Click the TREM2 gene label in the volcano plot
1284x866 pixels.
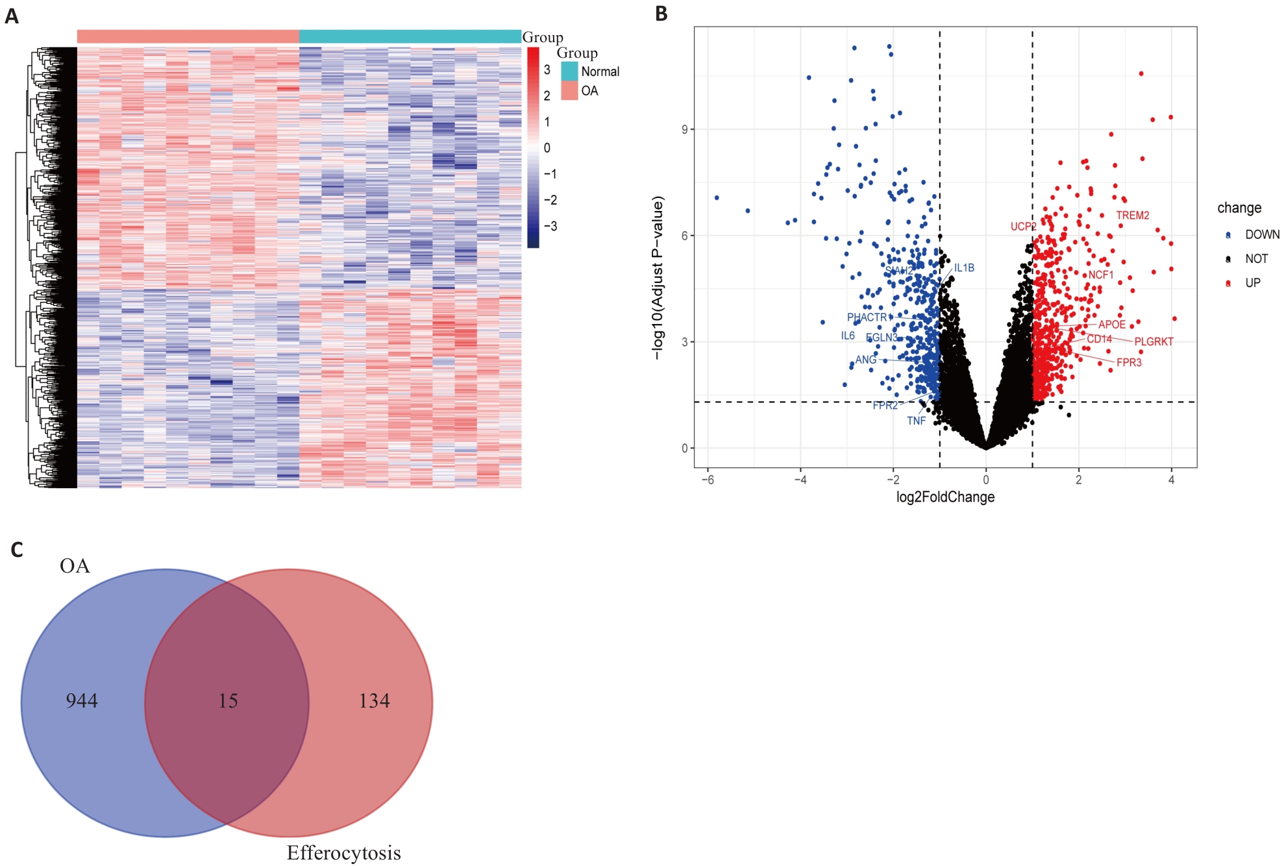[x=1132, y=216]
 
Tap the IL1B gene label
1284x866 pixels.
[x=964, y=268]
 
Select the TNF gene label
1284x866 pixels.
[x=916, y=421]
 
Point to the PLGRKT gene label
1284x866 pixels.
[x=1154, y=342]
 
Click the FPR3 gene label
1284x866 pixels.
[x=1129, y=363]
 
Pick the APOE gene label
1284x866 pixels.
[x=1111, y=325]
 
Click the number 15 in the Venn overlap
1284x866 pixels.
[x=228, y=701]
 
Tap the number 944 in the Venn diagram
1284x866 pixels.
[x=82, y=701]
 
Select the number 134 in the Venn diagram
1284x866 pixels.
[x=375, y=701]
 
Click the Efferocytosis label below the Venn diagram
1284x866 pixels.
[x=343, y=853]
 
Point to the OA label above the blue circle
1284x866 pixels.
[x=75, y=566]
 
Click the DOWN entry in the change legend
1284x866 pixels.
[x=1261, y=235]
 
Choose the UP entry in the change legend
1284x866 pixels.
[x=1252, y=283]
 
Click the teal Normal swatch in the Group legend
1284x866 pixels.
[x=569, y=71]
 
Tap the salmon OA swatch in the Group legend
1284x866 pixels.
[x=569, y=91]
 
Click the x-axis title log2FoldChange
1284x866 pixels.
[x=945, y=497]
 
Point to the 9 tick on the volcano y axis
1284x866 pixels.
[x=684, y=130]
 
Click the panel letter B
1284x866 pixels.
[x=661, y=14]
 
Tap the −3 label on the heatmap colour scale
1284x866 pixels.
[x=550, y=227]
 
